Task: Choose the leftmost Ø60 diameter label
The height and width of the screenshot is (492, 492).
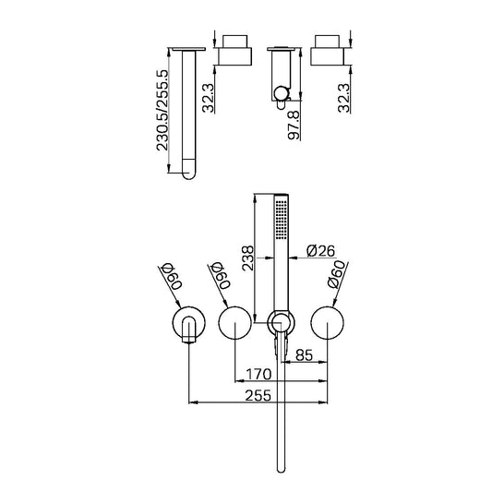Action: point(170,279)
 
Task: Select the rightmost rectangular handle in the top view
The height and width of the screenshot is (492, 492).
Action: point(329,52)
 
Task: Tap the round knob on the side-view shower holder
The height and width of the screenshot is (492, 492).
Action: point(278,91)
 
